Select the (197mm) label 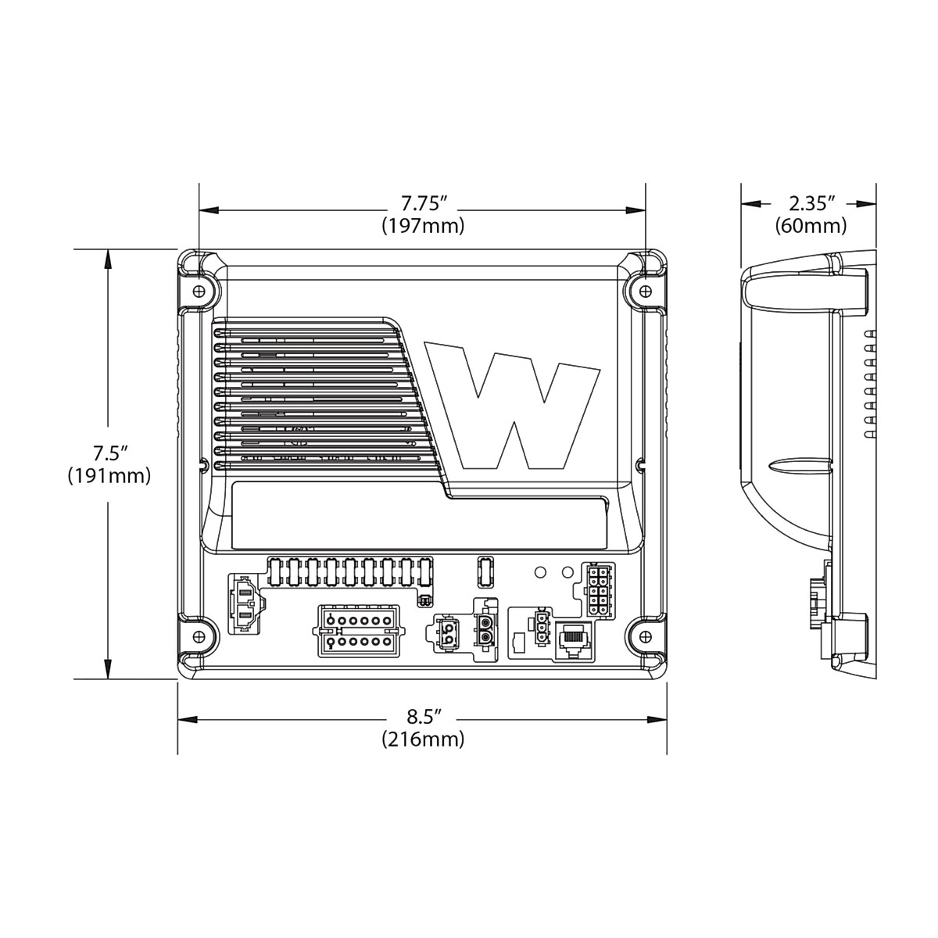point(423,227)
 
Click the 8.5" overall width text point(423,717)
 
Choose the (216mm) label point(423,739)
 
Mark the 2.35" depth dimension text point(811,205)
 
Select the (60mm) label point(811,227)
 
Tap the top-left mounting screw point(199,291)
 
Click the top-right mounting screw point(645,291)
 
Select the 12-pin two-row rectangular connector point(360,631)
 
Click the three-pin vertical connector point(539,629)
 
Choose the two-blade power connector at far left point(245,605)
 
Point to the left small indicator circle point(539,572)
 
